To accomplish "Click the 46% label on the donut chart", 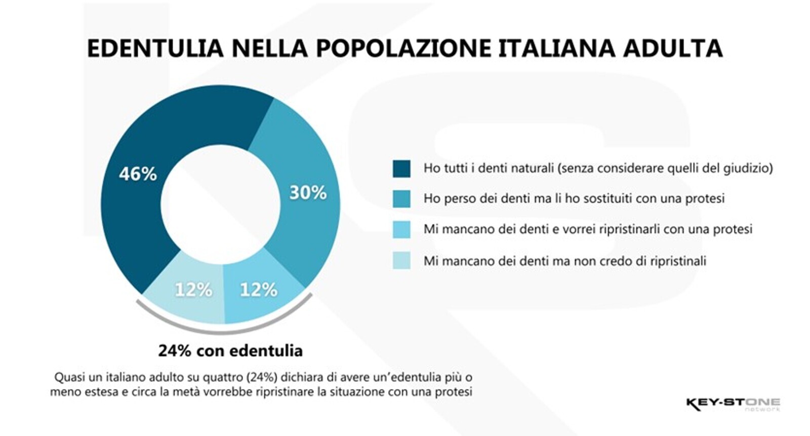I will click(138, 174).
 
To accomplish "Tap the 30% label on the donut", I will click(308, 193).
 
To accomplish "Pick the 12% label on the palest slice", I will click(193, 290).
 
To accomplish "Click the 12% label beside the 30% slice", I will click(258, 290).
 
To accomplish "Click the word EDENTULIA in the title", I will click(155, 49).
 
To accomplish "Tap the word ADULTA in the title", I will click(673, 49).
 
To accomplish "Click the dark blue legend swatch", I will click(401, 169).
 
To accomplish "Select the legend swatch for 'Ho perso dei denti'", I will click(401, 199).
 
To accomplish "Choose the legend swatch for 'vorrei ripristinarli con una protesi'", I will click(401, 229).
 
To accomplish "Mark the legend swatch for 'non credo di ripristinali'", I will click(401, 260).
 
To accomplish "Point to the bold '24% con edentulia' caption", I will click(230, 350).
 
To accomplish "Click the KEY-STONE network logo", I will click(733, 404).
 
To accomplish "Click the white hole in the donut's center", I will click(220, 205).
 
